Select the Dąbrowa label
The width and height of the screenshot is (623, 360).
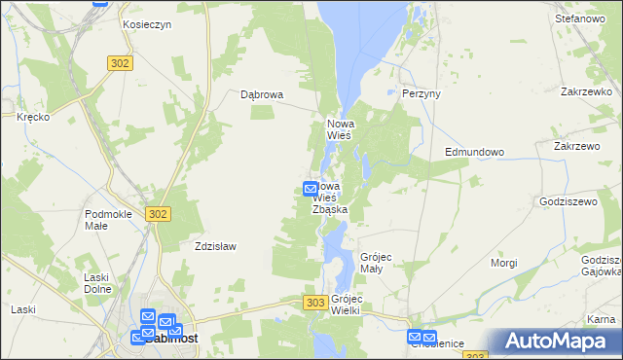pyautogui.click(x=262, y=94)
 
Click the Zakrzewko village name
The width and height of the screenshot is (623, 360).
pyautogui.click(x=585, y=90)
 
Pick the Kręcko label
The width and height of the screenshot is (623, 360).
pyautogui.click(x=33, y=116)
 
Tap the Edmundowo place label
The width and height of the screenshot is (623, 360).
pyautogui.click(x=474, y=152)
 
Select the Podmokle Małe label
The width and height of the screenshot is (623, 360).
pyautogui.click(x=109, y=219)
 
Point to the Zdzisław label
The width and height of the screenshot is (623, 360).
pyautogui.click(x=215, y=246)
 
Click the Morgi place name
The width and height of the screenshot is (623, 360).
pyautogui.click(x=504, y=263)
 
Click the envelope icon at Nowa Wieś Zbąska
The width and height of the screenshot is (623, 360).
pyautogui.click(x=311, y=189)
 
